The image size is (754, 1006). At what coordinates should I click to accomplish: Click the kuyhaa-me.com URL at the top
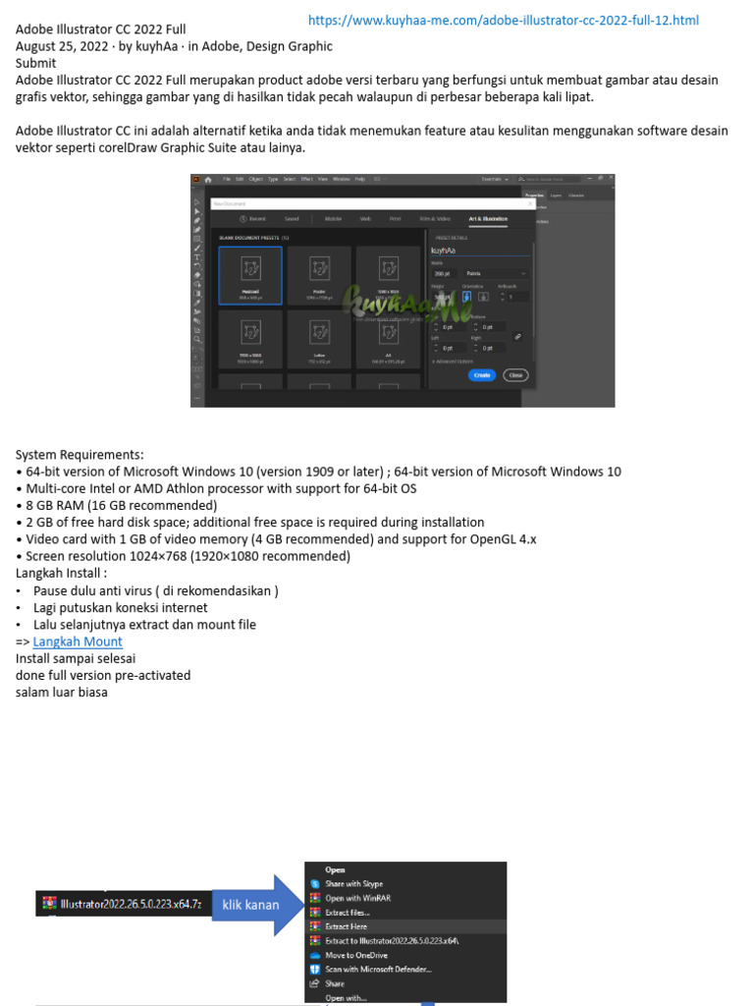504,20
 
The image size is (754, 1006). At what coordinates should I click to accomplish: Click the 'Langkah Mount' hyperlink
78,642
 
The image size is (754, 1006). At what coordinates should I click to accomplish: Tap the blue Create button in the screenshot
481,374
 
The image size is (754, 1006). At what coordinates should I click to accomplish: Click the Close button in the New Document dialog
514,374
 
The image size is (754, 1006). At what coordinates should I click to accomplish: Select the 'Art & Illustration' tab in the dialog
488,218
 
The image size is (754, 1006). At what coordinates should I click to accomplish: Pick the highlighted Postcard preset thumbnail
250,275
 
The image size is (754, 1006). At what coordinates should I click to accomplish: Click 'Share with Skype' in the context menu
354,884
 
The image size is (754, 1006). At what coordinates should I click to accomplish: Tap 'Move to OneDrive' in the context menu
356,955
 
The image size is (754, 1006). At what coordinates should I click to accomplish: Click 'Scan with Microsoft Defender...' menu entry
378,969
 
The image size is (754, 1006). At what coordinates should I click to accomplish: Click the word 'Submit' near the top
35,63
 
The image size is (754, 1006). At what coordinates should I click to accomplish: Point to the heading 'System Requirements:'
80,454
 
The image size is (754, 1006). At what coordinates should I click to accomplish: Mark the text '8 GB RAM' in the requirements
60,505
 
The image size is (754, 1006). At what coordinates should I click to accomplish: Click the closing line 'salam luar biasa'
61,692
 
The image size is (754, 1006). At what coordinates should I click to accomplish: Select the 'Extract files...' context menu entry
348,913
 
